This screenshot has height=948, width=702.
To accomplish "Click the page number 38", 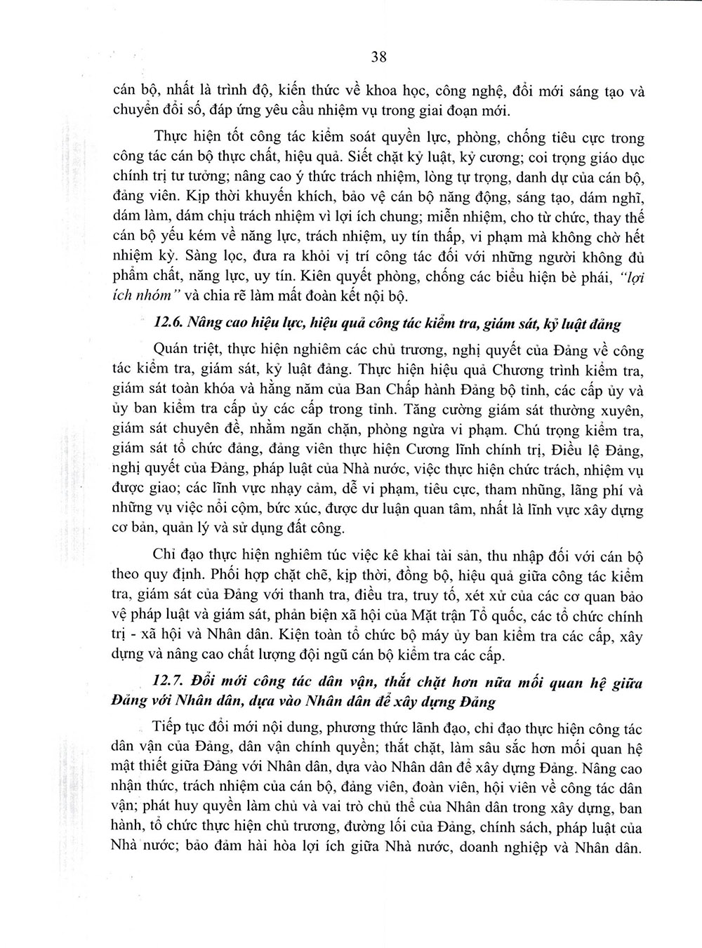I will tap(378, 58).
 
